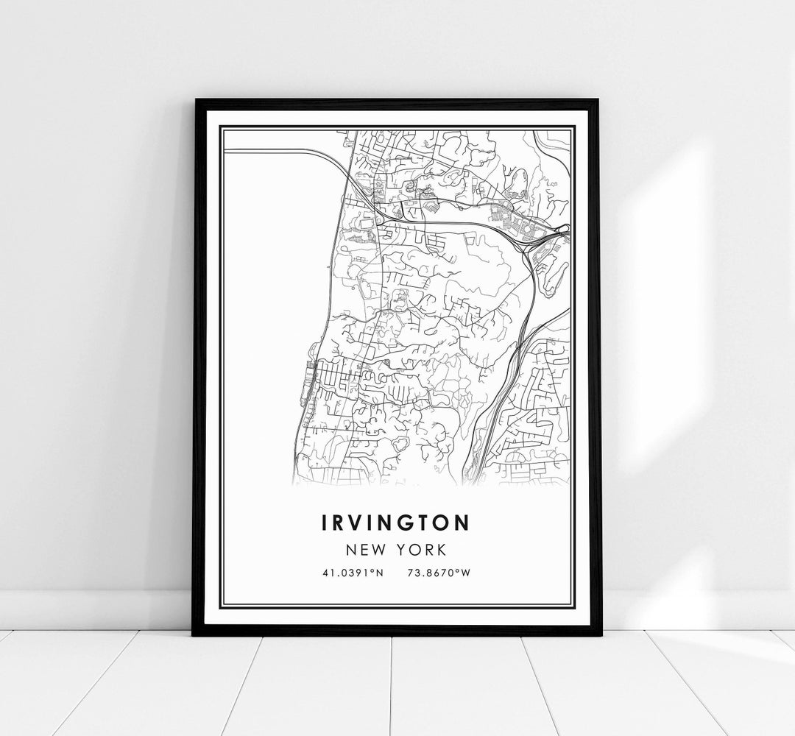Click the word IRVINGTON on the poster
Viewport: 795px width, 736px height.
[396, 523]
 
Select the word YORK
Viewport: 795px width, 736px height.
[422, 549]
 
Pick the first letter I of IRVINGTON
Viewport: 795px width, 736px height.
[325, 523]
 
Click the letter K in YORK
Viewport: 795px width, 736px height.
[439, 549]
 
